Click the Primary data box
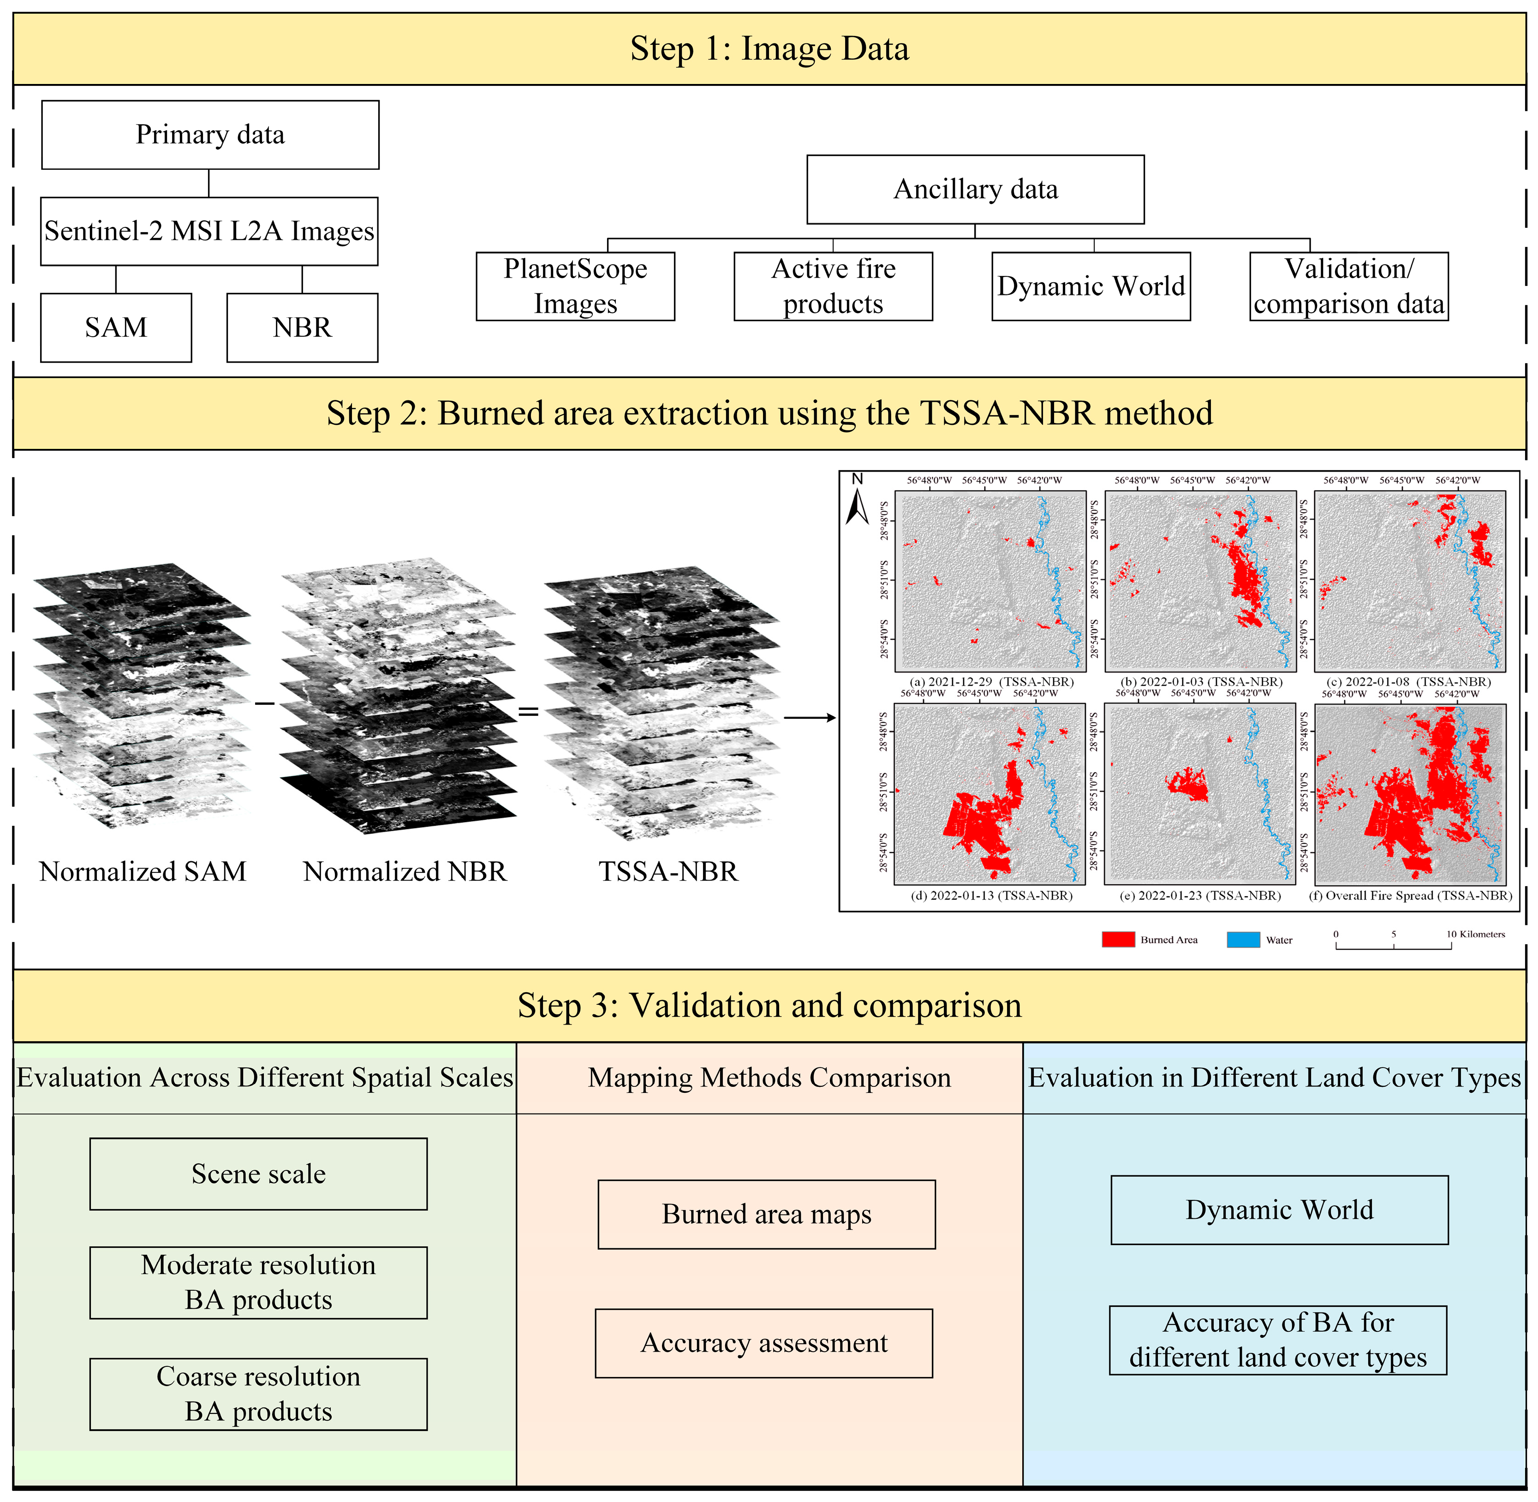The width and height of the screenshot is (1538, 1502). point(210,134)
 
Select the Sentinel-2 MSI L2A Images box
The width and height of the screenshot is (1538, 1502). point(209,231)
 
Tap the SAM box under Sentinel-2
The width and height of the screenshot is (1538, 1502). point(116,328)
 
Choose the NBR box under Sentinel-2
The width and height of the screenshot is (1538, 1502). point(302,328)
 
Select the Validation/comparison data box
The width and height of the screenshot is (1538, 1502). point(1349,286)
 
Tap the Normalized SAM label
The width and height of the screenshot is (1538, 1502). point(143,872)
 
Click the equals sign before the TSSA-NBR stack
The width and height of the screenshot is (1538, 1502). point(528,712)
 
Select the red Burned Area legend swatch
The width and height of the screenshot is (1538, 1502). point(1118,940)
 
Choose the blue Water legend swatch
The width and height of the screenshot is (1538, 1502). point(1243,940)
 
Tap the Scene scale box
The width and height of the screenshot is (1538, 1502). point(259,1174)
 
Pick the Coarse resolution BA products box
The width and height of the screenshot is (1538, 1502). point(259,1394)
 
